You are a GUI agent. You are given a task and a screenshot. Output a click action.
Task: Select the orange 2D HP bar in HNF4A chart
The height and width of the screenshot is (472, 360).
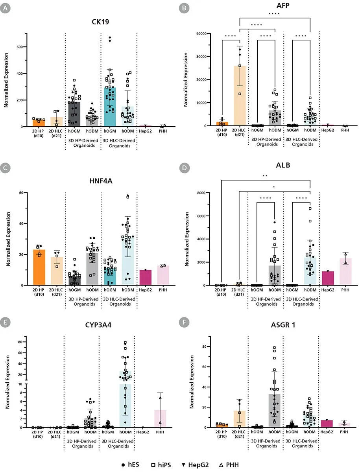pos(39,267)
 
